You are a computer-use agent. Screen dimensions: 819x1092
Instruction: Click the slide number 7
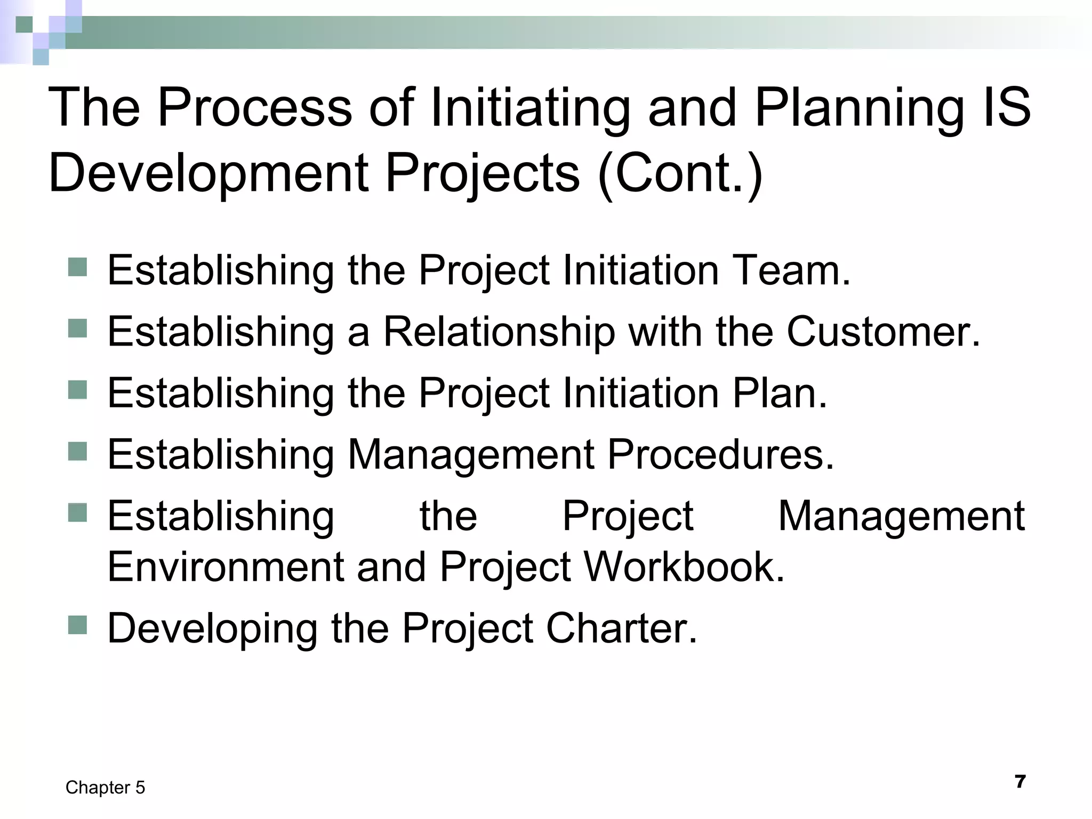click(1020, 782)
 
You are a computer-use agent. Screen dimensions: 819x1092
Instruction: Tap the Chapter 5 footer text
click(105, 788)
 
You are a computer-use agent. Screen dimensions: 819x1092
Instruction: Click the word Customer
click(883, 332)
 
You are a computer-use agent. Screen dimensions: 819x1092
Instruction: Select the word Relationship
click(499, 332)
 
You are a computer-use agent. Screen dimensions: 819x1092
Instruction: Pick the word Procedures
click(720, 454)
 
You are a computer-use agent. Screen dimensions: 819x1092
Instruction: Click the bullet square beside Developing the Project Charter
click(78, 625)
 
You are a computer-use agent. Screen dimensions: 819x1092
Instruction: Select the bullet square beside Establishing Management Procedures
click(78, 452)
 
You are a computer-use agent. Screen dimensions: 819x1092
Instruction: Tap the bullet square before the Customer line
click(78, 329)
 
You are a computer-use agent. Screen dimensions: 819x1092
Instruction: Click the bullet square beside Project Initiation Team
click(78, 267)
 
